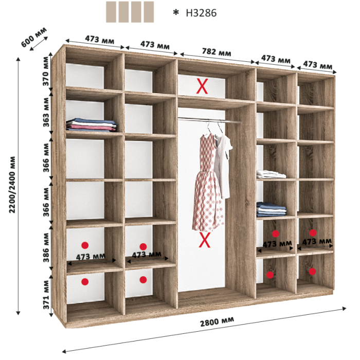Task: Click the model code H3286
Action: (x=201, y=13)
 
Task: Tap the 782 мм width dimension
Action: (x=217, y=52)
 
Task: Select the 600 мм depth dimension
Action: (x=34, y=37)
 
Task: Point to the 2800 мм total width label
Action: (x=217, y=321)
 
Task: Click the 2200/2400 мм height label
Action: (x=12, y=185)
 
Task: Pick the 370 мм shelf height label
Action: (x=46, y=71)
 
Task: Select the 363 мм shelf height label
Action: (x=46, y=112)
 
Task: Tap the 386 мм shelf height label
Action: (x=46, y=247)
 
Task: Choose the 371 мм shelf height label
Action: (x=46, y=295)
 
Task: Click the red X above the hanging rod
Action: (x=202, y=86)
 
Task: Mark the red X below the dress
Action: (x=205, y=240)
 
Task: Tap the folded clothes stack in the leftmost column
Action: (x=92, y=125)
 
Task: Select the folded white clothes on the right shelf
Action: (x=271, y=174)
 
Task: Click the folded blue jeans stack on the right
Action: (x=272, y=209)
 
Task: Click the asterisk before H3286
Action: (x=176, y=12)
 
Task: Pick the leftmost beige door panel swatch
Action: (x=111, y=12)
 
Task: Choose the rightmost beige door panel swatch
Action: (x=149, y=12)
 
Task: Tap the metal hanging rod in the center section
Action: (x=209, y=120)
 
